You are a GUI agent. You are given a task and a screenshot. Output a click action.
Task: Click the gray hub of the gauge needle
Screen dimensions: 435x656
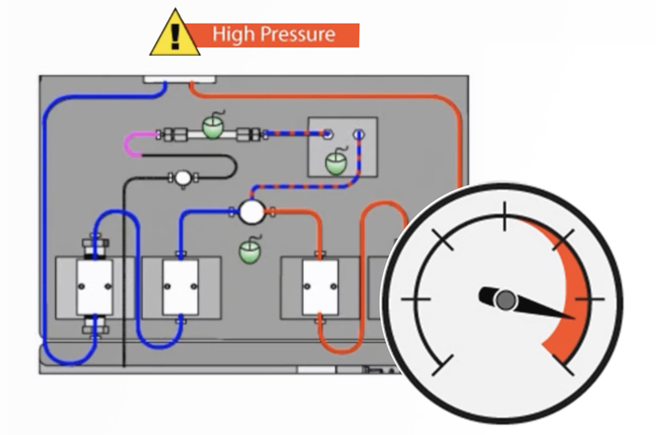(506, 300)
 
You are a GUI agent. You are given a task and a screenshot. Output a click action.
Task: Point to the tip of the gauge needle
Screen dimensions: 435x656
(572, 318)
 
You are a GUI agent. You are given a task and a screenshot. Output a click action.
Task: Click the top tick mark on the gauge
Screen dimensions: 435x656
(505, 216)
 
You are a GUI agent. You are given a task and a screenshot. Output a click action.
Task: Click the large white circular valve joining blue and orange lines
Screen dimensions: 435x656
(251, 212)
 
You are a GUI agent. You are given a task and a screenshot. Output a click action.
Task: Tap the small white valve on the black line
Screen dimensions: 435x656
(183, 178)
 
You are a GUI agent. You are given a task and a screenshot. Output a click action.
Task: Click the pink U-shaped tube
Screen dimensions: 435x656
(132, 144)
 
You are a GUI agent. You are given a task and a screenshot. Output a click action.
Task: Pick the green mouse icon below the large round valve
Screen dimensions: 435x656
(250, 250)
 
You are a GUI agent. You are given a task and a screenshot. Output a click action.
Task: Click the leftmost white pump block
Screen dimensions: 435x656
(95, 287)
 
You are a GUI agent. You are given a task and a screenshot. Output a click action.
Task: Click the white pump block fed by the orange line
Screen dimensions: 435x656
(321, 287)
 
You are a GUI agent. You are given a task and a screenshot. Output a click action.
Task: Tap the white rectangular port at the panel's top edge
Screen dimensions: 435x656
(179, 79)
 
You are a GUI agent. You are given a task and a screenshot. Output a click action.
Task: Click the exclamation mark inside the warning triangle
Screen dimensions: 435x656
(175, 36)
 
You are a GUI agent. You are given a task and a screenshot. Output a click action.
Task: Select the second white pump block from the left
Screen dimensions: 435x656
(180, 287)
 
